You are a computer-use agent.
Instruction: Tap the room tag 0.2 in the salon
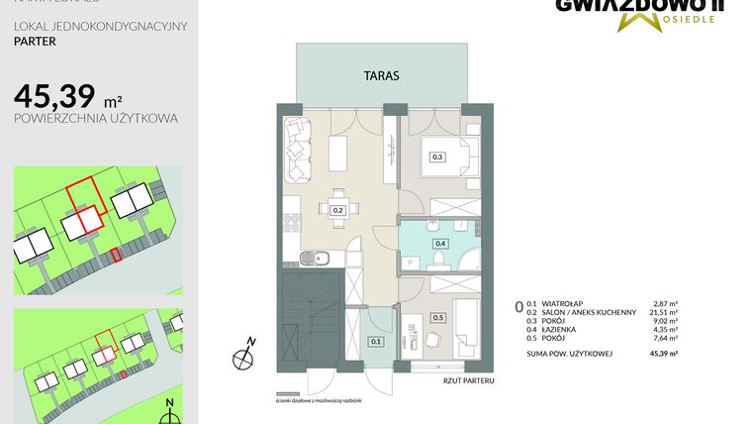point(337,210)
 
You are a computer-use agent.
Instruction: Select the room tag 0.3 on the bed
point(437,157)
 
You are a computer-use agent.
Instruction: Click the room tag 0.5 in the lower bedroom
point(437,318)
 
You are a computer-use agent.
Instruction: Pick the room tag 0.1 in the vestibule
point(375,342)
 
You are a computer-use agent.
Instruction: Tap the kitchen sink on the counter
point(314,260)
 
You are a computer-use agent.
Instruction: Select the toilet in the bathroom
point(436,260)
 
